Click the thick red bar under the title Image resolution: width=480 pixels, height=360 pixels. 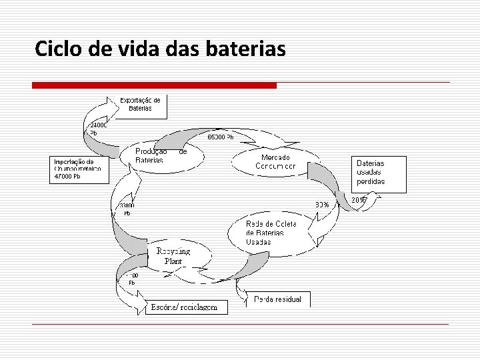[x=155, y=85]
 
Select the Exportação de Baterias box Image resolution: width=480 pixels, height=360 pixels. [x=140, y=105]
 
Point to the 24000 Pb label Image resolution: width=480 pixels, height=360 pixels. [x=97, y=129]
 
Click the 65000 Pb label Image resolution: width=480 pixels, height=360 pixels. [x=221, y=137]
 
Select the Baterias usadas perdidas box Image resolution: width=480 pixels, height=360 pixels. [x=378, y=173]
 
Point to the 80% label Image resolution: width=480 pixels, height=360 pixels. [x=322, y=205]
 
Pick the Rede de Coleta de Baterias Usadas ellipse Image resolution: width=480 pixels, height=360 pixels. [x=271, y=233]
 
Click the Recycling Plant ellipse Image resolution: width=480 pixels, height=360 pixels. [x=174, y=256]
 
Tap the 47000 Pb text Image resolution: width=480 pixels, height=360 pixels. [x=67, y=177]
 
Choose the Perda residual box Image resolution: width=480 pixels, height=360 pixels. [x=277, y=299]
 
